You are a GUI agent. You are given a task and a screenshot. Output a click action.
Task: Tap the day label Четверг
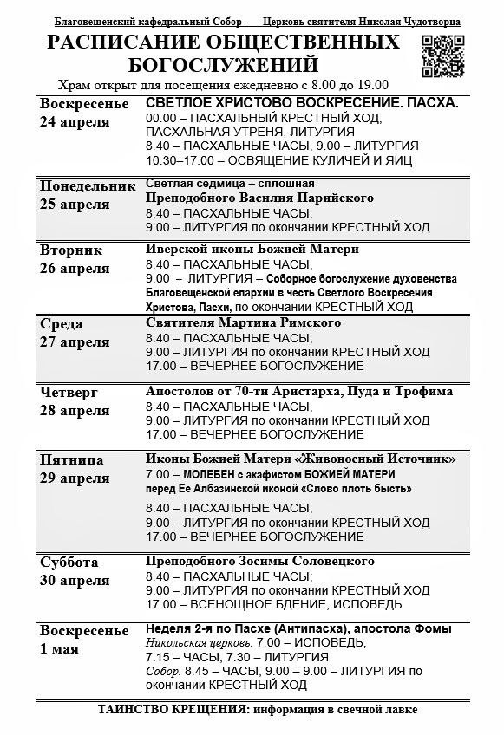(69, 392)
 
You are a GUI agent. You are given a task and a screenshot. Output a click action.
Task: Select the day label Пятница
(72, 459)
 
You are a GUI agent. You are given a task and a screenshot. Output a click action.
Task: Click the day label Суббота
(69, 562)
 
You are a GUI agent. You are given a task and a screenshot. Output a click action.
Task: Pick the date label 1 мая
(61, 648)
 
